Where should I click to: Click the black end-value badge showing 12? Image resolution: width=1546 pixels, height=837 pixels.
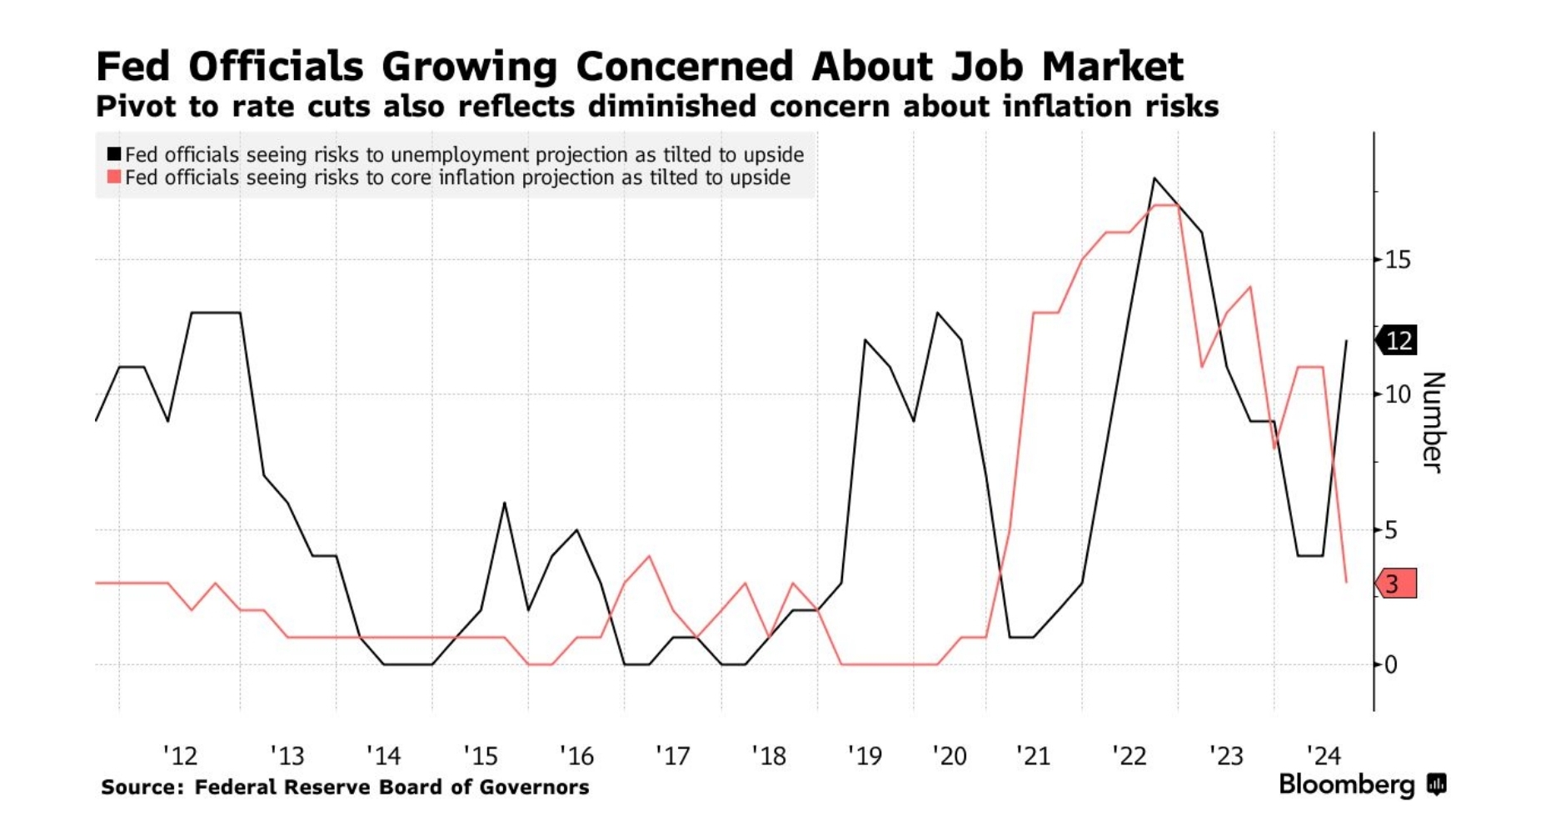click(1397, 340)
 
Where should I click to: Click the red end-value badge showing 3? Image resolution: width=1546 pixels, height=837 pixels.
click(1397, 584)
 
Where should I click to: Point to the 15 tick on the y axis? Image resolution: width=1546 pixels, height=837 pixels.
click(1397, 260)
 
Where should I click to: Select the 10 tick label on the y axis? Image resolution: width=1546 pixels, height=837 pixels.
click(1397, 394)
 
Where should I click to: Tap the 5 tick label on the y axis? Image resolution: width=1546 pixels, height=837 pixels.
click(1390, 530)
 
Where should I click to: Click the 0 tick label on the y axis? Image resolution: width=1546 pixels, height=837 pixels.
click(1390, 665)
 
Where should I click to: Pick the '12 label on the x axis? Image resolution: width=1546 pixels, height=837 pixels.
click(180, 756)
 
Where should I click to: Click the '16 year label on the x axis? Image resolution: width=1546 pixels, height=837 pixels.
click(576, 756)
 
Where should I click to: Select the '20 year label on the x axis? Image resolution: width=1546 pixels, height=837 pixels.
click(949, 756)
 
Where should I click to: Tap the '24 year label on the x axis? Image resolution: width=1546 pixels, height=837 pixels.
click(1324, 756)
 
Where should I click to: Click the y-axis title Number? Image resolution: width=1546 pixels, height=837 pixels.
click(1433, 422)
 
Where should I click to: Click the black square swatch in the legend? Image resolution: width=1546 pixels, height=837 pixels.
click(114, 154)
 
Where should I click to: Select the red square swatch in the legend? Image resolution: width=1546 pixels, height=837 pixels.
click(114, 177)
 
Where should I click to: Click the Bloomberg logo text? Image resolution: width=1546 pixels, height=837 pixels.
click(1346, 784)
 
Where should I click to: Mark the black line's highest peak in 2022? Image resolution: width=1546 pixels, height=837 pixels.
click(1155, 178)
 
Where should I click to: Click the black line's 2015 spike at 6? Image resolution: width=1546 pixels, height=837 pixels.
click(504, 503)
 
